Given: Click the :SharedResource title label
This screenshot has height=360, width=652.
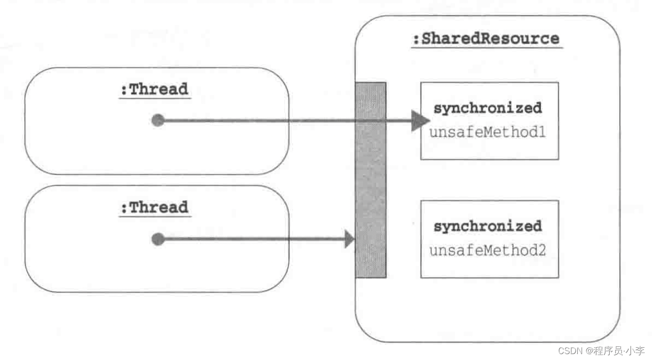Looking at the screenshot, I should click(x=486, y=38).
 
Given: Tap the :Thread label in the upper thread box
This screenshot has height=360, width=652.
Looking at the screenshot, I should click(x=154, y=90).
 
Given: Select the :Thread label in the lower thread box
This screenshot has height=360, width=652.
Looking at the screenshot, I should click(x=154, y=207).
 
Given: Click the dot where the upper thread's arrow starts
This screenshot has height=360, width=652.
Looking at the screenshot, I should click(x=158, y=120).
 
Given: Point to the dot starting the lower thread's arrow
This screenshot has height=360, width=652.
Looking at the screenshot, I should click(x=158, y=240).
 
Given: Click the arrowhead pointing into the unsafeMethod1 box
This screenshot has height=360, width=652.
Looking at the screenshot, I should click(x=420, y=120).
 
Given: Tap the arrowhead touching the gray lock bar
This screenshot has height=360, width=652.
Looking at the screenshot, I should click(x=350, y=240).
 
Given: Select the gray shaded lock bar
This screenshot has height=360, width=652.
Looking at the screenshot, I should click(x=371, y=180).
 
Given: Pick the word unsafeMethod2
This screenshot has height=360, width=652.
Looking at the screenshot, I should click(x=487, y=250).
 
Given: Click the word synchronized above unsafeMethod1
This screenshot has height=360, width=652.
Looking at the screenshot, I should click(x=487, y=108).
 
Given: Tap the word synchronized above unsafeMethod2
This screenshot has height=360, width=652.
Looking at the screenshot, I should click(x=487, y=226).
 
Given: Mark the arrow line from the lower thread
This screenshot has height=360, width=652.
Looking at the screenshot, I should click(x=256, y=240).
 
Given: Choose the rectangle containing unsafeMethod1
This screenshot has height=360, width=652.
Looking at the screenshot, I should click(x=489, y=148).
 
